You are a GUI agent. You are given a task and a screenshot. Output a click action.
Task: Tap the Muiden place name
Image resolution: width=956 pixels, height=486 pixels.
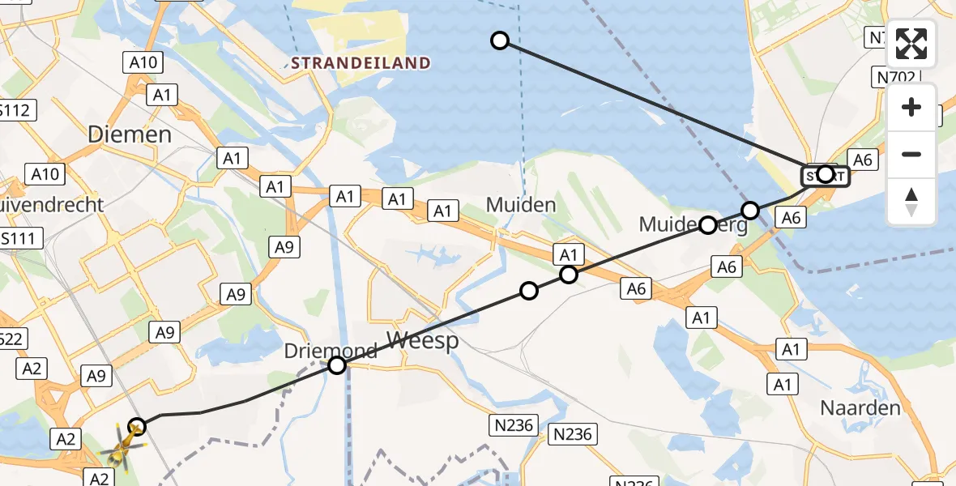click(x=521, y=205)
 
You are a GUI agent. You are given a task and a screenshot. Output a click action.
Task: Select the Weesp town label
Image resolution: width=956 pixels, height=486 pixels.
click(x=422, y=340)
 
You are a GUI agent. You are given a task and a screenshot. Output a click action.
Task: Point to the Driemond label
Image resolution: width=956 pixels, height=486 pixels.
click(x=331, y=351)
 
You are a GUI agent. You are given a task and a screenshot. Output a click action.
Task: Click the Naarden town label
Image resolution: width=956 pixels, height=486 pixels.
click(x=860, y=407)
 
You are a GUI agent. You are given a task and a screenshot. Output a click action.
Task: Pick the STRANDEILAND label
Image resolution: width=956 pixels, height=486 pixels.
click(x=361, y=62)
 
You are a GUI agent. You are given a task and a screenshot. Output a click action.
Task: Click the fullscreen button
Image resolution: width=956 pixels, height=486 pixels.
click(x=911, y=44)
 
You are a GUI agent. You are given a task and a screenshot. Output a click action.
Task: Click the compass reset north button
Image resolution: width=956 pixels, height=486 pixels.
click(x=911, y=202)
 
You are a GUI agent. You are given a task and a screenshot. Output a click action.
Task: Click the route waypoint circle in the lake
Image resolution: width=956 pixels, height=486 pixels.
click(x=500, y=40)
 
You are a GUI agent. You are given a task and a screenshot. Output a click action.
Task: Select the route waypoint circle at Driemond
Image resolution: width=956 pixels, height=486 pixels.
click(x=337, y=365)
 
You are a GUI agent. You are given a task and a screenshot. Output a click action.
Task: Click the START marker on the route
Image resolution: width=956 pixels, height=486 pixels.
click(x=825, y=174)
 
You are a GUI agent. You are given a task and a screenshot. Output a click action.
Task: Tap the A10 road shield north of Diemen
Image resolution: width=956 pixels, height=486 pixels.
click(x=144, y=62)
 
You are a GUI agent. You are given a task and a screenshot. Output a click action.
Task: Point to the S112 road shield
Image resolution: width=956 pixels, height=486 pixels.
click(x=16, y=109)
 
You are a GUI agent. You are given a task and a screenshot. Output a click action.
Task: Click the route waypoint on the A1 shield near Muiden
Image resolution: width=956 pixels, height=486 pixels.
click(x=569, y=275)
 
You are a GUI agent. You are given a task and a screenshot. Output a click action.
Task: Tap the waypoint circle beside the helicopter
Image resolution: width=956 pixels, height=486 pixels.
click(x=137, y=426)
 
